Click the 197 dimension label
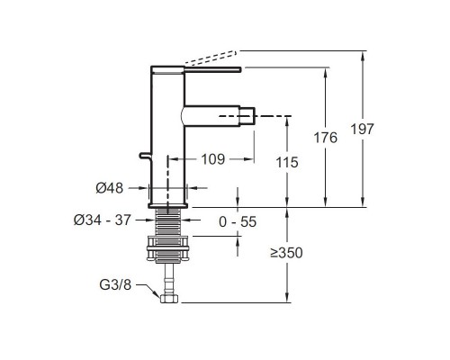coord(363,130)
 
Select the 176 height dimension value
coord(326,138)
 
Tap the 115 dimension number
coord(287,163)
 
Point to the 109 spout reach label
coord(212,159)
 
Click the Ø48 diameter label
coord(110,188)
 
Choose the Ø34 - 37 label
coord(103,220)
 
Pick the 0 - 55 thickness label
coord(238,222)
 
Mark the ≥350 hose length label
coord(286,253)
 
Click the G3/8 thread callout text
coord(115,284)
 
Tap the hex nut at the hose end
coord(169,299)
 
